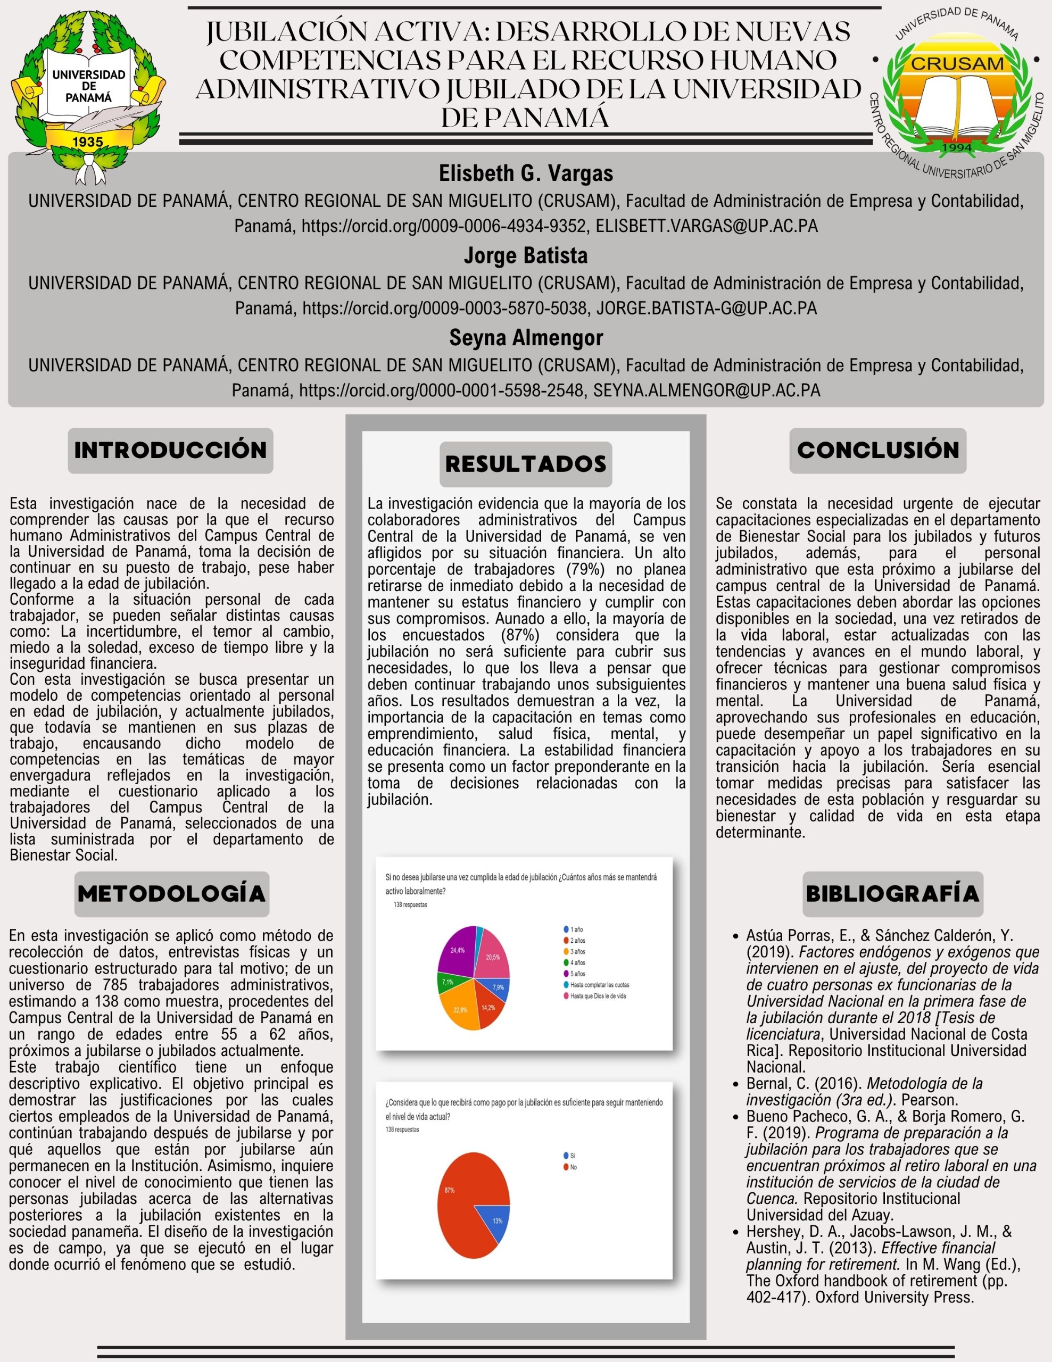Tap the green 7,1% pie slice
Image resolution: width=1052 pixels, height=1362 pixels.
click(x=447, y=982)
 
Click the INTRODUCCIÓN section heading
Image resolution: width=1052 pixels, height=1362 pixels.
click(x=170, y=450)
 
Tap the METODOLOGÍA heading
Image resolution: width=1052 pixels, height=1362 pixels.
click(x=171, y=894)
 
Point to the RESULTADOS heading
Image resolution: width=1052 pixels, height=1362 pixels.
click(x=526, y=464)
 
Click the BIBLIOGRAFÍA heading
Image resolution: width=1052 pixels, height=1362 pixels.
click(x=892, y=894)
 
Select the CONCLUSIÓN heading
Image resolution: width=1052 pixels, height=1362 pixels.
click(x=877, y=450)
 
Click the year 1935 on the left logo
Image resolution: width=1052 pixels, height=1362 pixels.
click(x=87, y=142)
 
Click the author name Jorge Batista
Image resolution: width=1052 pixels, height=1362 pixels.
click(x=525, y=256)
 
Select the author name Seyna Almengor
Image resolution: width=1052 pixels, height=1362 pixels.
click(x=526, y=337)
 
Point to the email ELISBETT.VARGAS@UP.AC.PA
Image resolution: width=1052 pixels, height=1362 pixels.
click(x=707, y=226)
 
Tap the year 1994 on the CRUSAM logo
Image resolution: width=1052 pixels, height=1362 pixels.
click(x=957, y=148)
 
